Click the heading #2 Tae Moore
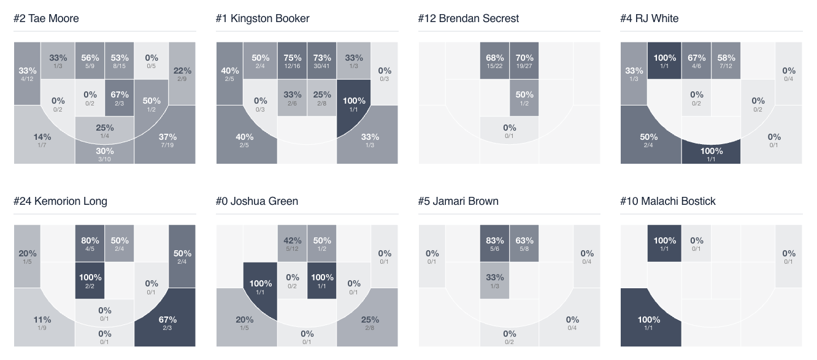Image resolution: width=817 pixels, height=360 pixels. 47,18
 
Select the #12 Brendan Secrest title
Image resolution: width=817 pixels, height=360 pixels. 468,18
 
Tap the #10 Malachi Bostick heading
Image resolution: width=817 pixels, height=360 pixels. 667,201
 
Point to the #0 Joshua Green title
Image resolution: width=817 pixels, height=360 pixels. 257,201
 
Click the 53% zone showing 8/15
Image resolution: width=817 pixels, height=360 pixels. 120,61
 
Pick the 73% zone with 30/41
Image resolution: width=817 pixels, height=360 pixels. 322,61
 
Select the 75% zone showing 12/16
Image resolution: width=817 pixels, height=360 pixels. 292,61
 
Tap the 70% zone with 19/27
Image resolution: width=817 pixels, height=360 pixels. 524,61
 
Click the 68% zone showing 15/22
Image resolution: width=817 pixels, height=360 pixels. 494,61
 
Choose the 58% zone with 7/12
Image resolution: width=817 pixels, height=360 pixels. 726,61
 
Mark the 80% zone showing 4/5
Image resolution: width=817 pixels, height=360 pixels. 90,243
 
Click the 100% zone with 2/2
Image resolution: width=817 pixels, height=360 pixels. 90,280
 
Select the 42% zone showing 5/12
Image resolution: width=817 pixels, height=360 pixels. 292,243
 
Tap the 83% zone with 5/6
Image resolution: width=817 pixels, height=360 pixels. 494,243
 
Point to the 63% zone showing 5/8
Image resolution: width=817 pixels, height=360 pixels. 524,243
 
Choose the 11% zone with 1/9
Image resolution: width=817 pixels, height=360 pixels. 43,323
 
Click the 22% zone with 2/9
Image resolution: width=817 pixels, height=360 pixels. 182,74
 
